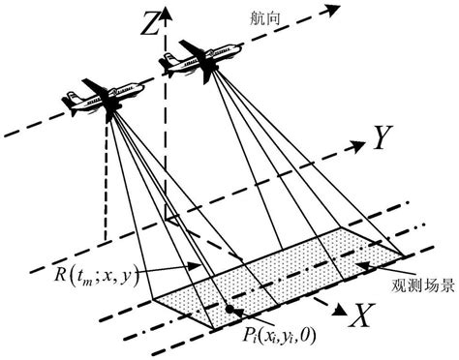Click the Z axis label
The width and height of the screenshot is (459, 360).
pyautogui.click(x=147, y=26)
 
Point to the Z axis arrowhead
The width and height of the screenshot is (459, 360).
pyautogui.click(x=166, y=12)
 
